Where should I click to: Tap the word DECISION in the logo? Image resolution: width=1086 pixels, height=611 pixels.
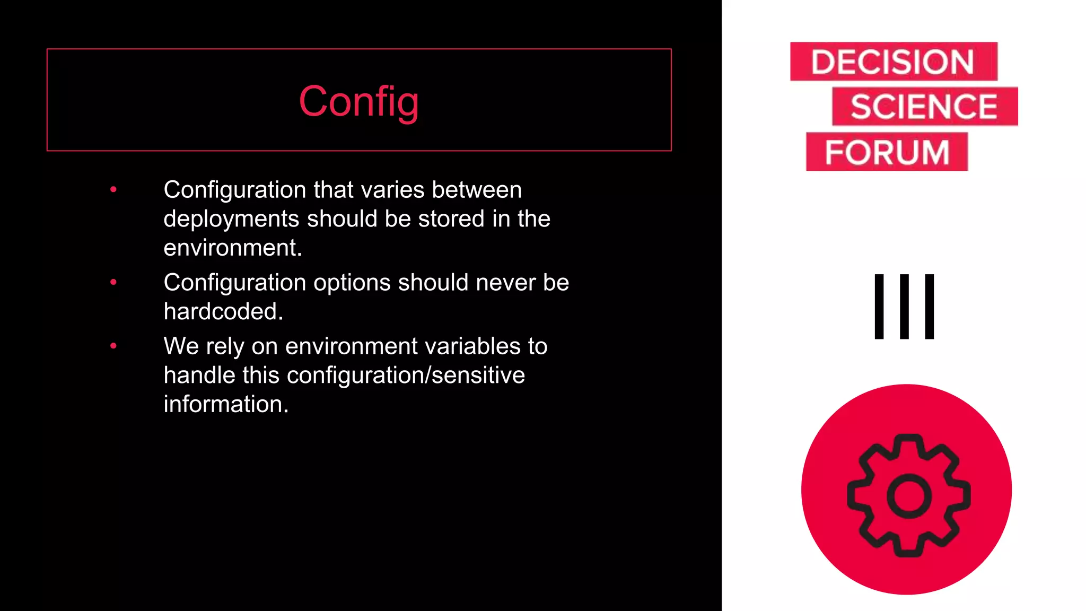point(892,62)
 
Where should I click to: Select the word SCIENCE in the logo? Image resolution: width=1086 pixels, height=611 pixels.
point(924,107)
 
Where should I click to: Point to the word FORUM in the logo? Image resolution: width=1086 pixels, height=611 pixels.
point(887,152)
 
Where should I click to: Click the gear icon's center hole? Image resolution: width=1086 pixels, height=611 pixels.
point(908,495)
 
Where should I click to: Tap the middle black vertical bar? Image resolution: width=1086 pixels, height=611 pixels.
point(904,307)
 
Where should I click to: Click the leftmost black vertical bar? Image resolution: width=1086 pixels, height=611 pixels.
point(879,307)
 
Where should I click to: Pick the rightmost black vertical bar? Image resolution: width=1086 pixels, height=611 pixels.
point(929,307)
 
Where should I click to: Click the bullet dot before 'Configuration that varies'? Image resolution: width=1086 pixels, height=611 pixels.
point(113,189)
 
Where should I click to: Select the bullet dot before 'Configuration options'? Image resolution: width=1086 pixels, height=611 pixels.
point(113,282)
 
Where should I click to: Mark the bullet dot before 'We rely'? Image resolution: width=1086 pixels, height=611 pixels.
point(113,346)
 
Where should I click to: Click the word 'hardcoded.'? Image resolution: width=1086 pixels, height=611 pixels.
point(223,311)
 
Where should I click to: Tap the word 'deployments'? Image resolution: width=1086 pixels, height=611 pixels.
point(231,219)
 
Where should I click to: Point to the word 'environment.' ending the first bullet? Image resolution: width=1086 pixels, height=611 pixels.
point(233,248)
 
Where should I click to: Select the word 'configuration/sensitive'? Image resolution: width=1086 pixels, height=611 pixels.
point(406,376)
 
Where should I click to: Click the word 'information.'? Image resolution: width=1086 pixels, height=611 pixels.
point(226,404)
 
